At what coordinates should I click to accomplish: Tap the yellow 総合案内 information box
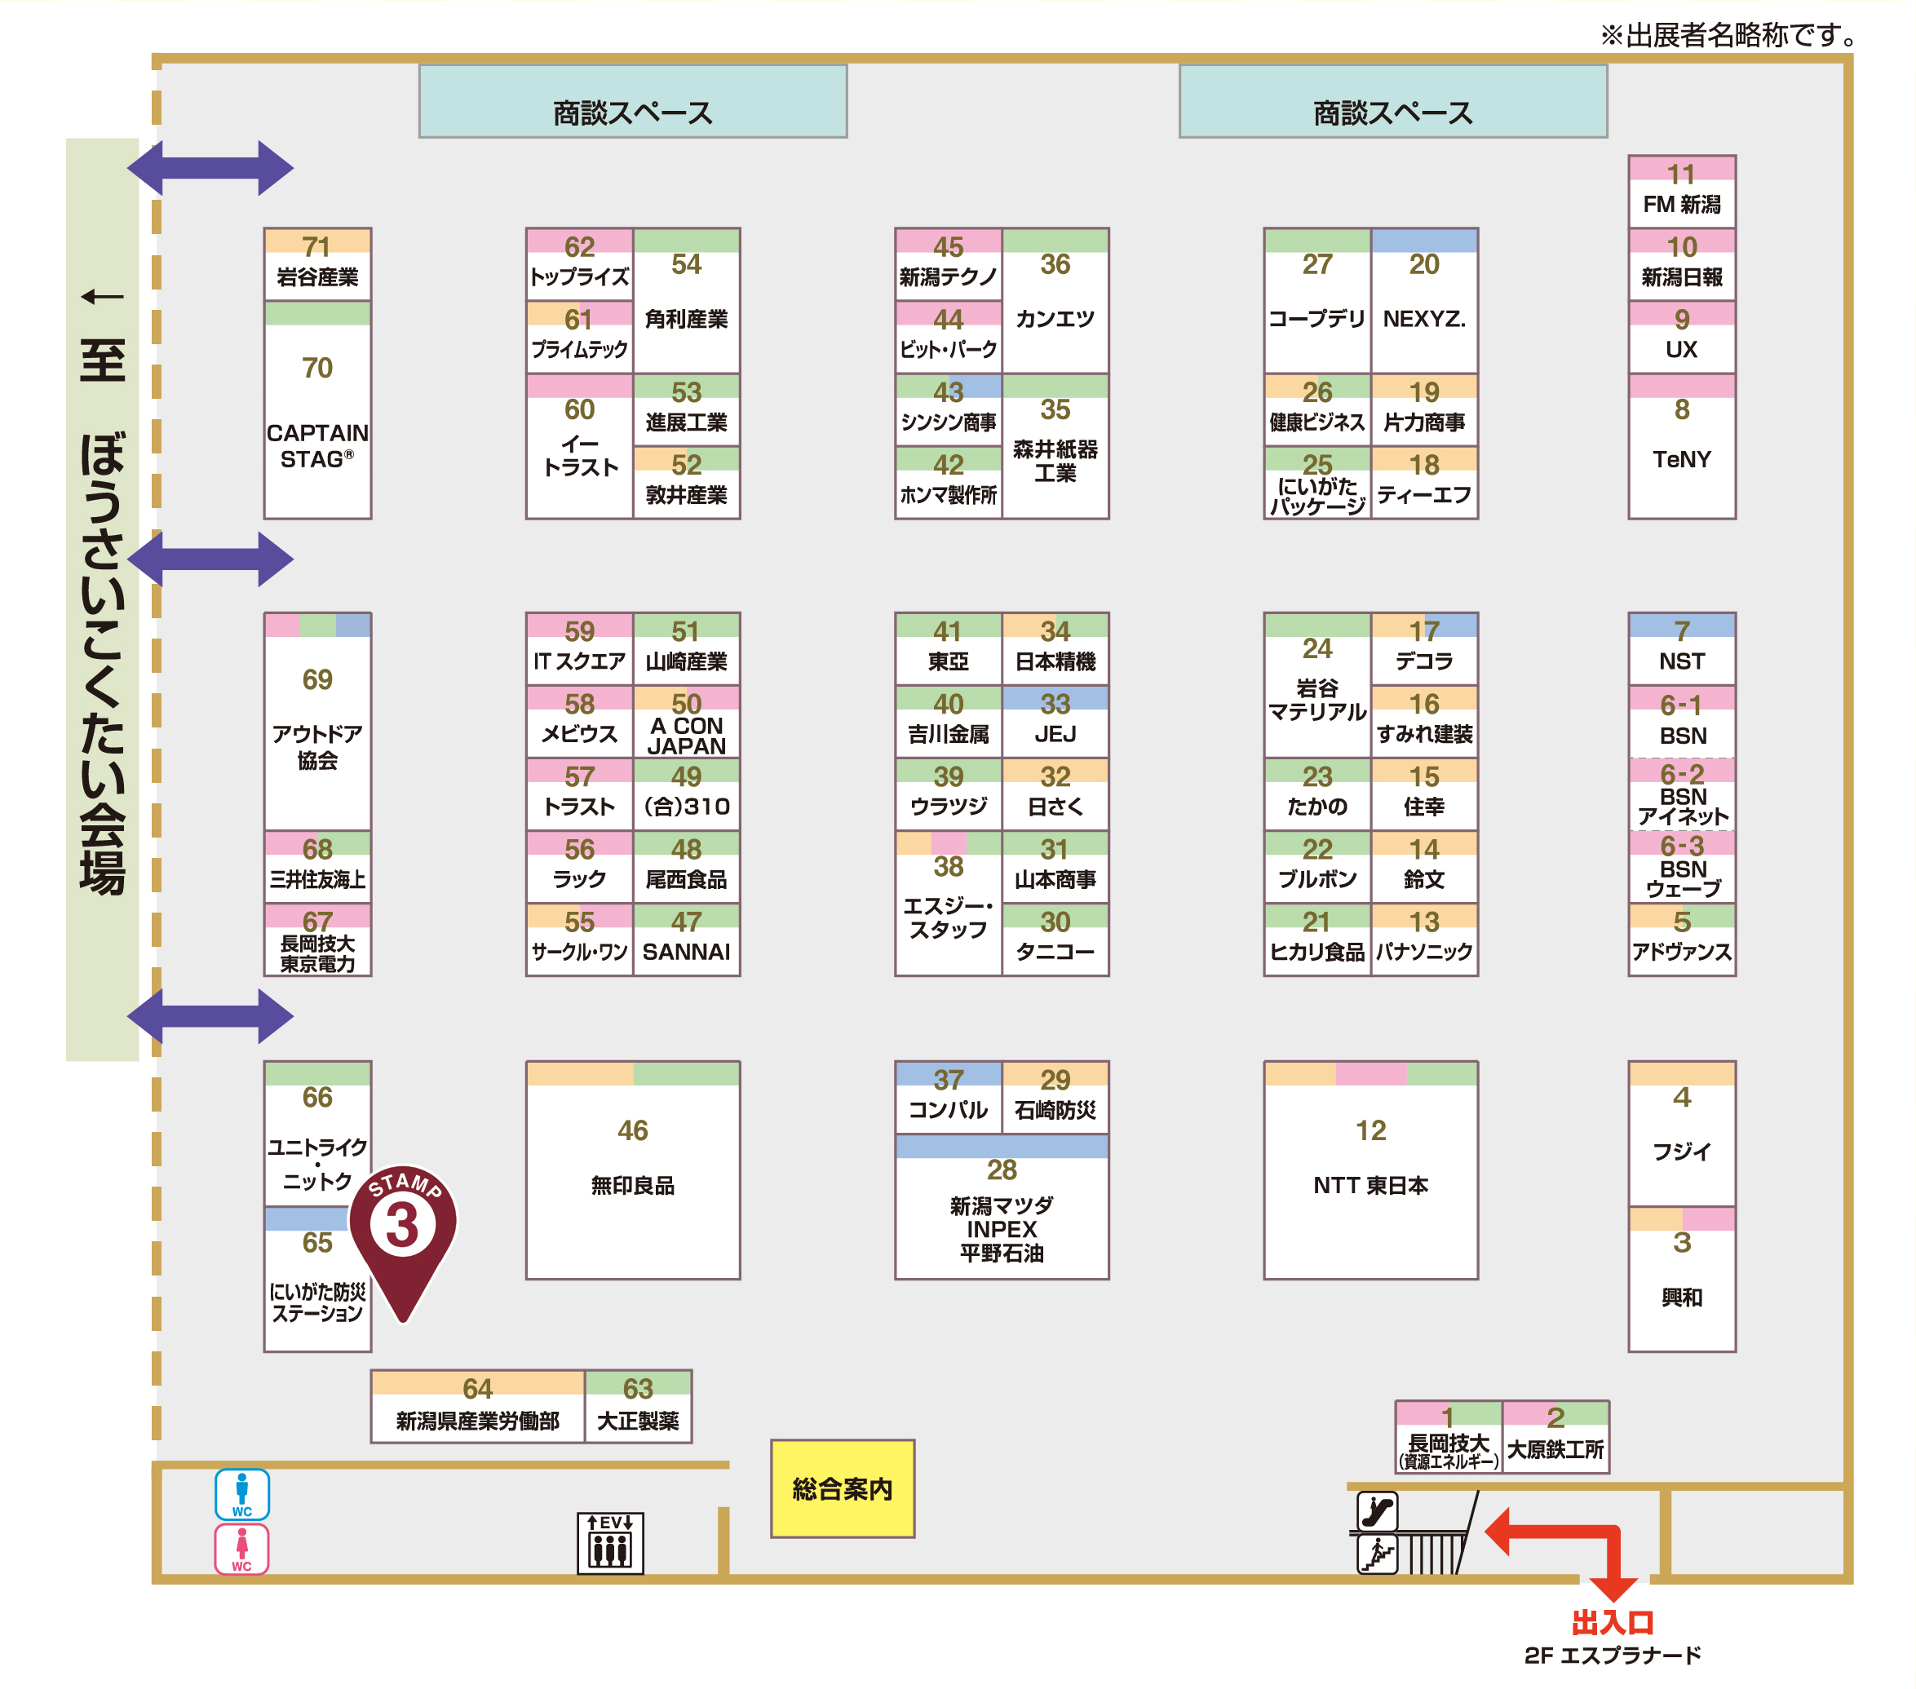pyautogui.click(x=843, y=1488)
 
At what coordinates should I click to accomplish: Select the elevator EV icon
pyautogui.click(x=610, y=1543)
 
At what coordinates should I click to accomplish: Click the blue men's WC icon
pyautogui.click(x=241, y=1494)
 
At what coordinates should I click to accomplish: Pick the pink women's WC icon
pyautogui.click(x=241, y=1549)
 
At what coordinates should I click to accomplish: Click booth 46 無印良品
pyautogui.click(x=633, y=1169)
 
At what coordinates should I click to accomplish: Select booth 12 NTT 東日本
pyautogui.click(x=1370, y=1169)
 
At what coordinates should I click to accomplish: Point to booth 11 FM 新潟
pyautogui.click(x=1682, y=191)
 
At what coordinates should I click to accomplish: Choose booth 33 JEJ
pyautogui.click(x=1055, y=721)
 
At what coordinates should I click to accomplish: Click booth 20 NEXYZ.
pyautogui.click(x=1424, y=300)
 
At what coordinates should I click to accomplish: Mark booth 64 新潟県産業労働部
pyautogui.click(x=478, y=1406)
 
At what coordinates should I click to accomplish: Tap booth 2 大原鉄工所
pyautogui.click(x=1556, y=1437)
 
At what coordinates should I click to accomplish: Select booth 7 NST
pyautogui.click(x=1682, y=648)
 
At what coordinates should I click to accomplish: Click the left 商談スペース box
pyautogui.click(x=633, y=101)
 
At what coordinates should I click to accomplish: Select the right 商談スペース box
pyautogui.click(x=1393, y=101)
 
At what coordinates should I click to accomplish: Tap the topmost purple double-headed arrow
pyautogui.click(x=211, y=169)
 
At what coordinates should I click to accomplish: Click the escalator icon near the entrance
pyautogui.click(x=1378, y=1511)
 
